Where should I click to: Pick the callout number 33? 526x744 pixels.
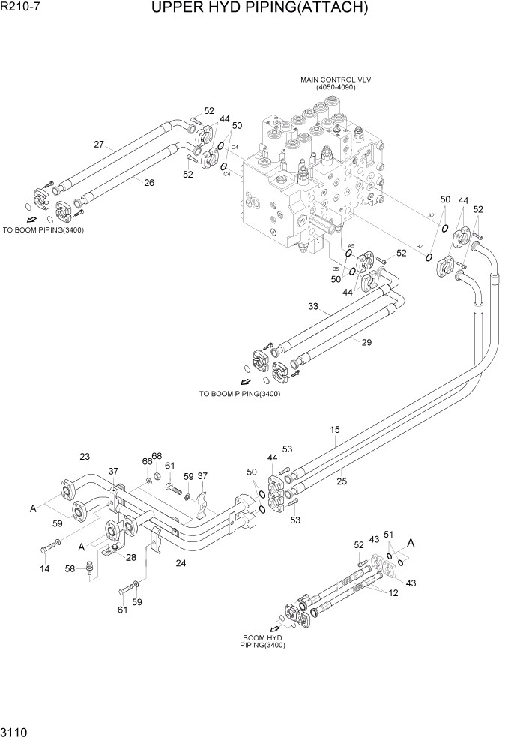pyautogui.click(x=313, y=305)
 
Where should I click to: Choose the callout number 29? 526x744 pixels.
pyautogui.click(x=366, y=342)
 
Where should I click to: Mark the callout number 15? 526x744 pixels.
pyautogui.click(x=335, y=430)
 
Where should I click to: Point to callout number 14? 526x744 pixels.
pyautogui.click(x=45, y=569)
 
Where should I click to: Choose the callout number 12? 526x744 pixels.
pyautogui.click(x=392, y=592)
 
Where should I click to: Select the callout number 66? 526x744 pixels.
pyautogui.click(x=148, y=461)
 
